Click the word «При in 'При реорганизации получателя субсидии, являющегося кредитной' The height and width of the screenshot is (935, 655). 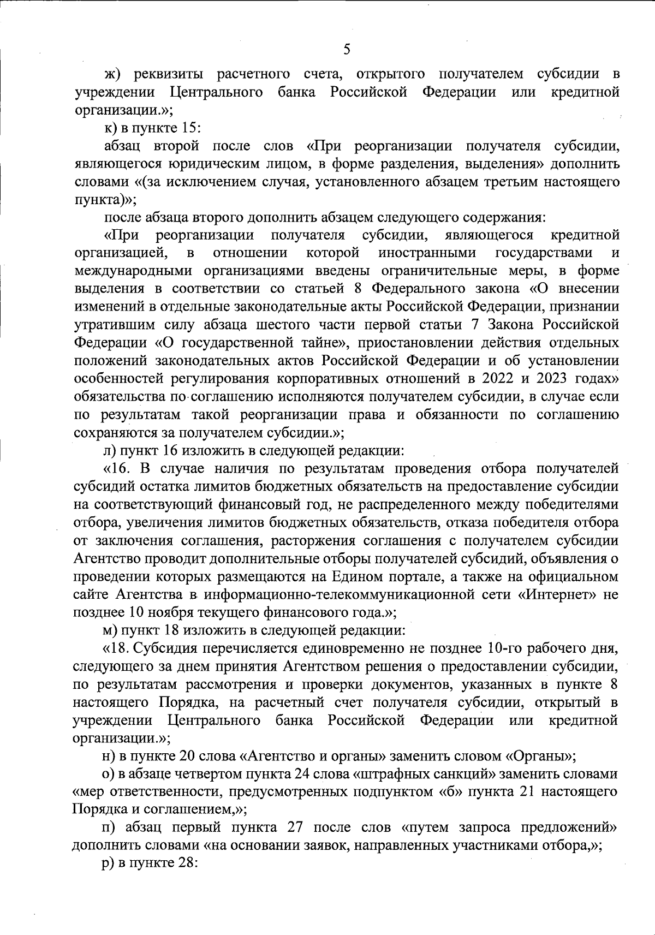point(121,235)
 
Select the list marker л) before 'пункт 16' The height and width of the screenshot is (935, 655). point(110,451)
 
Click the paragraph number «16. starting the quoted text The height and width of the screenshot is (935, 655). point(118,469)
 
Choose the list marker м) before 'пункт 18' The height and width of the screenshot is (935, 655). point(111,630)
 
